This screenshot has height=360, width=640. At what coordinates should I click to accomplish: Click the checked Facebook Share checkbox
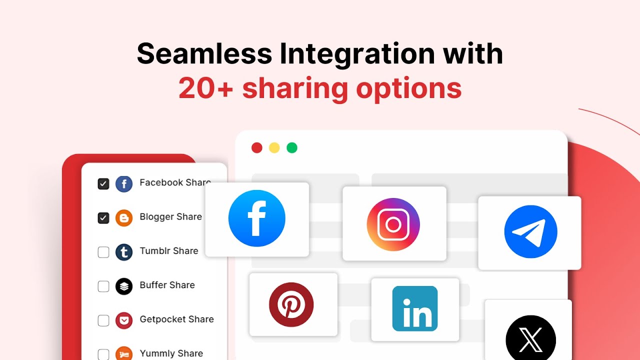pos(103,184)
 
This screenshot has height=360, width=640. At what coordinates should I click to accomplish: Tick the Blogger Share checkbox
pos(103,218)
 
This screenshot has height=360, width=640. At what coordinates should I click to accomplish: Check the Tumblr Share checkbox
pos(103,252)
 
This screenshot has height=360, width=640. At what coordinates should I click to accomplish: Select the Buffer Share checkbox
pos(103,286)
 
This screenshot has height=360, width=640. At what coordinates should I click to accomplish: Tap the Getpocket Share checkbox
pos(103,320)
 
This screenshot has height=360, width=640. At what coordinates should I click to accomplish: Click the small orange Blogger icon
pos(124,218)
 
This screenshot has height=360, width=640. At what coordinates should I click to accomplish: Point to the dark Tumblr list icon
pos(124,252)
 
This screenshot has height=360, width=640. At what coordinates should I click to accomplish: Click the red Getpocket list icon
pos(124,320)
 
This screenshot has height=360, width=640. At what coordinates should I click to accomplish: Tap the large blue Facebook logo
pos(257,218)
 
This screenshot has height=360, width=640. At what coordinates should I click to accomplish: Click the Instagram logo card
pos(393,224)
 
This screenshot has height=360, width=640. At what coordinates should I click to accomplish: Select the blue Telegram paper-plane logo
pos(530,231)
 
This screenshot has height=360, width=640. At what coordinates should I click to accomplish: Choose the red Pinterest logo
pos(291,304)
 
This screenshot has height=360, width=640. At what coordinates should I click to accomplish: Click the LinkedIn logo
pos(415,308)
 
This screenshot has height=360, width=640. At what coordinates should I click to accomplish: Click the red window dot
pos(257,148)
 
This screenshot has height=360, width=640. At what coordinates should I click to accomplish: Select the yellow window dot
pos(274,148)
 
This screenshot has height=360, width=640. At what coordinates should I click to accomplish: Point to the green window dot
pos(292,148)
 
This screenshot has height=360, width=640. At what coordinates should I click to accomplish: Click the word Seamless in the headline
pos(204,53)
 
